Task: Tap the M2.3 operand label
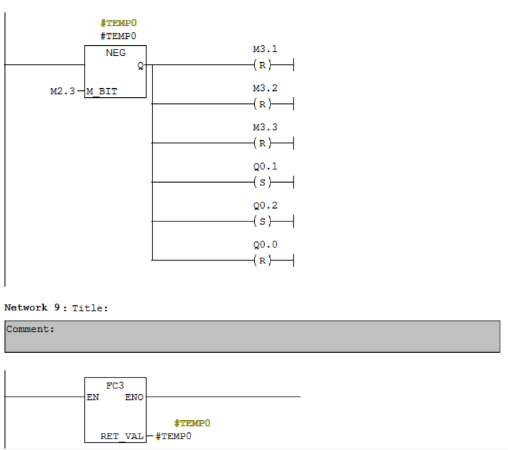click(x=61, y=91)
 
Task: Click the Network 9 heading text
click(x=32, y=308)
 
